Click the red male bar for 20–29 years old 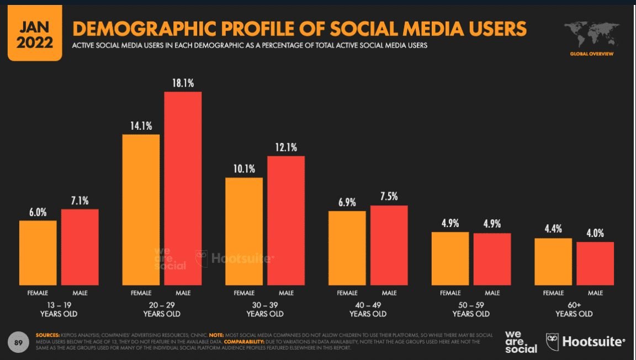click(x=183, y=188)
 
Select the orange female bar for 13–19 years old click(x=38, y=252)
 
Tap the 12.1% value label click(x=286, y=147)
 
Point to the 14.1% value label click(x=141, y=125)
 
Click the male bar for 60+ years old click(x=595, y=263)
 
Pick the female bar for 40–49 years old click(x=347, y=248)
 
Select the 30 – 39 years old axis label click(x=265, y=309)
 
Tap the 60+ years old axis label click(x=574, y=309)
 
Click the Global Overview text click(x=591, y=54)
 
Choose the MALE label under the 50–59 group click(x=492, y=293)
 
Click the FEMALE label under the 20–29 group click(x=141, y=293)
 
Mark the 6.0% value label click(x=38, y=211)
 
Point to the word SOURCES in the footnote click(x=47, y=335)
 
